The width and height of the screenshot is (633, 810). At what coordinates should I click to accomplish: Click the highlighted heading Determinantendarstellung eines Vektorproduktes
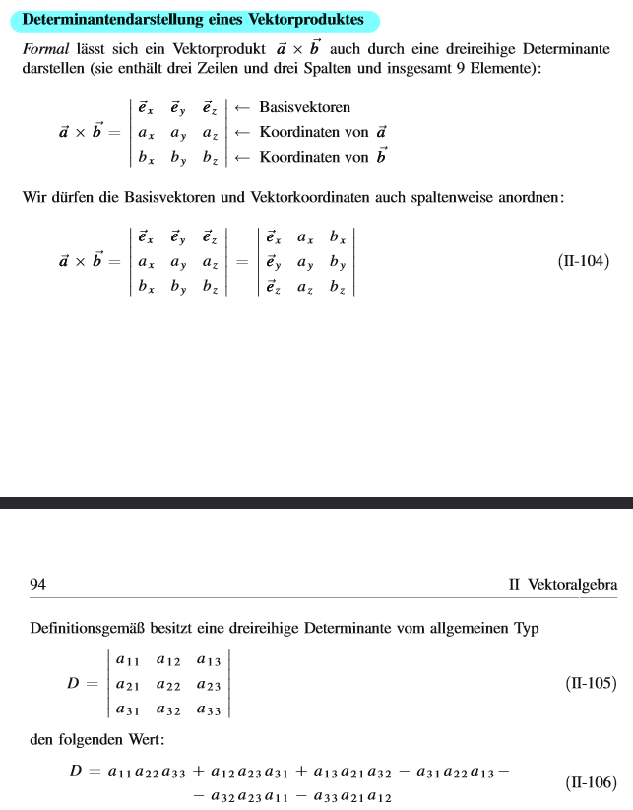[x=193, y=20]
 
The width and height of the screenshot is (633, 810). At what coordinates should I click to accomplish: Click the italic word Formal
[x=45, y=49]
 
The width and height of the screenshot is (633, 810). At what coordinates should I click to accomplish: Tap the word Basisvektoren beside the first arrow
[x=304, y=107]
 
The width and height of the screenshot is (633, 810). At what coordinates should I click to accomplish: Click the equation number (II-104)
[x=584, y=262]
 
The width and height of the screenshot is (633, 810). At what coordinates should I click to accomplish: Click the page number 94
[x=38, y=585]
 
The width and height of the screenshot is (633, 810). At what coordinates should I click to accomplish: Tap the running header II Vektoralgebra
[x=563, y=585]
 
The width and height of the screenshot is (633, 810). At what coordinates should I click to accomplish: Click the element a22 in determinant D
[x=168, y=685]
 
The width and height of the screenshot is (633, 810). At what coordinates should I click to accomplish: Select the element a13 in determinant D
[x=208, y=661]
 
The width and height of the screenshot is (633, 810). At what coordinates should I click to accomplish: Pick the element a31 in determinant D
[x=127, y=709]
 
